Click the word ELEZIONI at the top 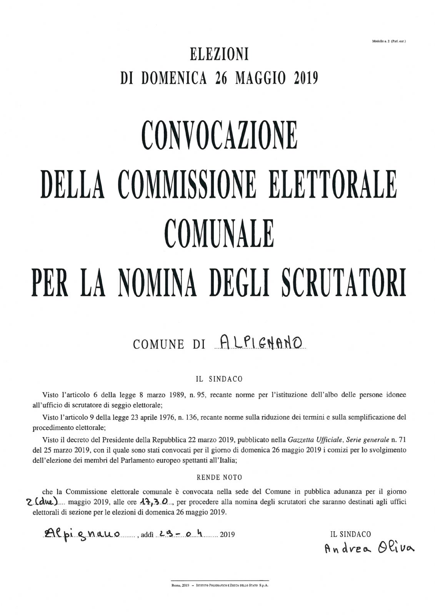[x=220, y=55]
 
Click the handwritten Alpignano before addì [x=82, y=534]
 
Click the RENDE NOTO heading [x=219, y=478]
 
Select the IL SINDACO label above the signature [x=350, y=534]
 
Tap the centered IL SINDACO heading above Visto [x=219, y=379]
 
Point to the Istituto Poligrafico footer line [x=220, y=586]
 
